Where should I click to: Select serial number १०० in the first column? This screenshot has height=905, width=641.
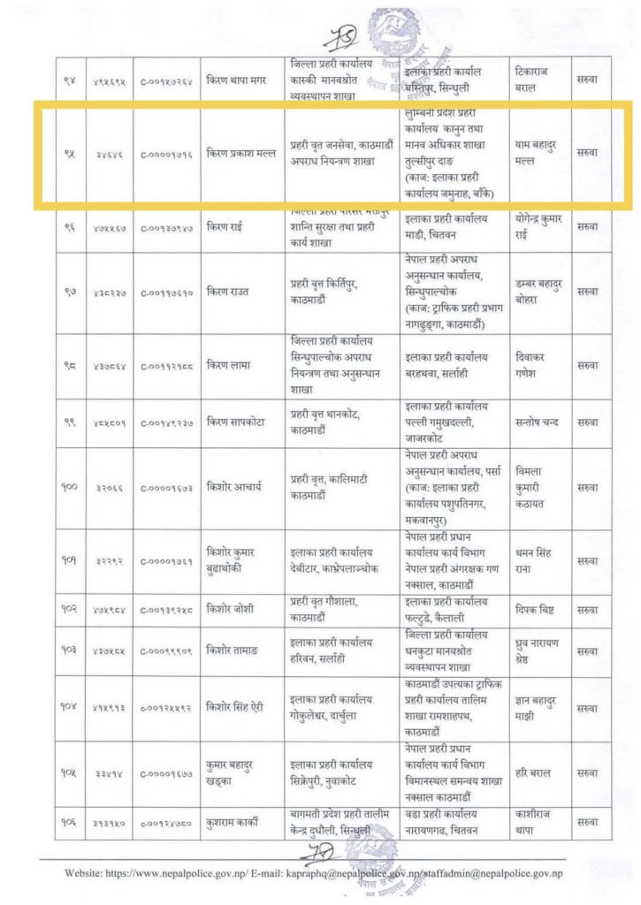point(70,487)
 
